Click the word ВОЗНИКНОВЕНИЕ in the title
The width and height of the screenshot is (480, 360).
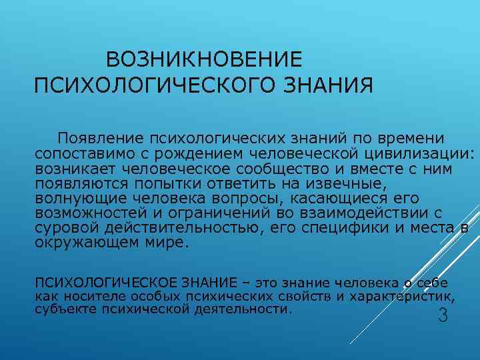[204, 60]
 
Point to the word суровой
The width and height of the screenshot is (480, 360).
[63, 228]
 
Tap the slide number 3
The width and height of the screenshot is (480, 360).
[442, 315]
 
